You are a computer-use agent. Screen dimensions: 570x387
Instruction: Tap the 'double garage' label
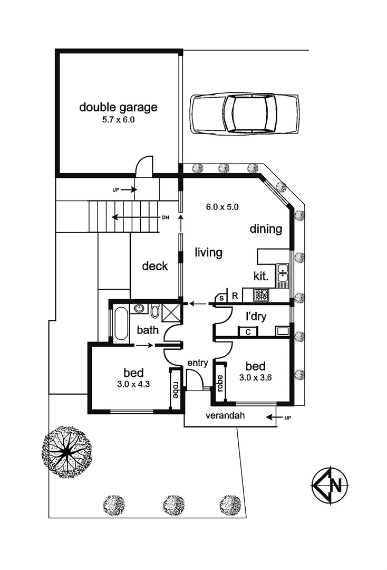tap(118, 108)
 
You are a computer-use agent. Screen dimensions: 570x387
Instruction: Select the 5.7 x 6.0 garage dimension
tap(118, 120)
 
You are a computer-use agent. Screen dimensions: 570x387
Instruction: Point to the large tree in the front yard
tap(67, 452)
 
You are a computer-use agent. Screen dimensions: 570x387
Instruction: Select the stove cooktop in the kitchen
tap(262, 294)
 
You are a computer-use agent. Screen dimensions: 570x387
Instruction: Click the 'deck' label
tap(155, 266)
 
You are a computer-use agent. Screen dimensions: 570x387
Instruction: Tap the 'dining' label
tap(266, 229)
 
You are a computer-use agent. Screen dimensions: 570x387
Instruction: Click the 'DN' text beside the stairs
tap(165, 217)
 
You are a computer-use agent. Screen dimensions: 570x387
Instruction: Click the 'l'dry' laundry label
tap(255, 317)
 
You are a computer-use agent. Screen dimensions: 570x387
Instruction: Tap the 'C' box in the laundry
tap(247, 331)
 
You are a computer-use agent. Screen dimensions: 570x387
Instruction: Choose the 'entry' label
tap(198, 363)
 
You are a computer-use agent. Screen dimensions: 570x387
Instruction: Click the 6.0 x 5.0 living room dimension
tap(222, 207)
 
